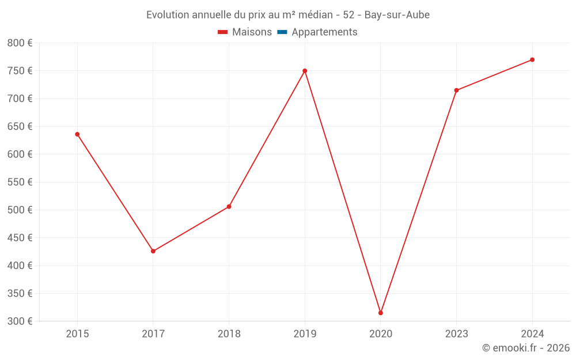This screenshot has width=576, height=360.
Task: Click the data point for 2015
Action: coord(77,134)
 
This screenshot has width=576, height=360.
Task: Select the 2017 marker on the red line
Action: coord(153,251)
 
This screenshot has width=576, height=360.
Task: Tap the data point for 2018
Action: coord(229,206)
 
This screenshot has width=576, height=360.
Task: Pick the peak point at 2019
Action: coord(305,71)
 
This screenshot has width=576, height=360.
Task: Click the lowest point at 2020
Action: coord(381,313)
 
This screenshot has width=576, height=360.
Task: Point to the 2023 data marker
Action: coord(456,90)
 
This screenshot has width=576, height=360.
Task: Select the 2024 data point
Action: coord(532,60)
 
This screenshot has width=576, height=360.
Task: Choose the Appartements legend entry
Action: coord(324,32)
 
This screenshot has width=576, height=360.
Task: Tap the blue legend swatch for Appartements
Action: coord(282,32)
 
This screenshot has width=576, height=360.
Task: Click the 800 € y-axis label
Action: coord(20,43)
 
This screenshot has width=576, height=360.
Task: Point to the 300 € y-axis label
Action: coord(20,321)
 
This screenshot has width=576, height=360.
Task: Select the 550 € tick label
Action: coord(20,182)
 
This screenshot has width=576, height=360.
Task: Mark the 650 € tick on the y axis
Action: coord(20,127)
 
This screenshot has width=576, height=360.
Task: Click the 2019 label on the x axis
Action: coord(305,334)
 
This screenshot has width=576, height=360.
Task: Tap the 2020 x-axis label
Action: coord(381,334)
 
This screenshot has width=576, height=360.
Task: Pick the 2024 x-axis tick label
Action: coord(532,334)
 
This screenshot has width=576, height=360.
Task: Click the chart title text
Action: coord(288,15)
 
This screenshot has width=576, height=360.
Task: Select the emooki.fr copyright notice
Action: coord(526,348)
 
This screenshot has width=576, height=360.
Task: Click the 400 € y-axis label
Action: coord(20,266)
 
